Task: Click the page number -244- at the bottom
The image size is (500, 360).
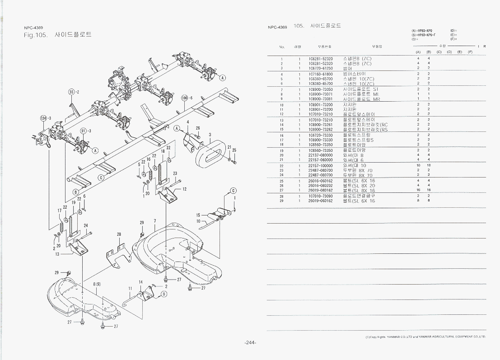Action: coord(250,342)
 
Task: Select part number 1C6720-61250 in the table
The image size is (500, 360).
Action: coord(321,68)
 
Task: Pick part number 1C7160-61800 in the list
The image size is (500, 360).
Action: coord(321,74)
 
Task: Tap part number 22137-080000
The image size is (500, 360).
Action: coord(321,155)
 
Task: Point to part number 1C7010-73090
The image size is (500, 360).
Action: coord(321,196)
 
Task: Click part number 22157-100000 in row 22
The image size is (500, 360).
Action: coord(321,165)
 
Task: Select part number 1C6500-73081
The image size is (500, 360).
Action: coord(321,99)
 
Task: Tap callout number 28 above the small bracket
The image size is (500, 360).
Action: coord(119,234)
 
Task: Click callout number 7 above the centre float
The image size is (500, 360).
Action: coord(154,221)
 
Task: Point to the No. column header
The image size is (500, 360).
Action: coord(282,47)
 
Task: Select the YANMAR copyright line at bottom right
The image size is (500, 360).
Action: coord(425,337)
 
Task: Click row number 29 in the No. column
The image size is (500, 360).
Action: coord(281,201)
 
